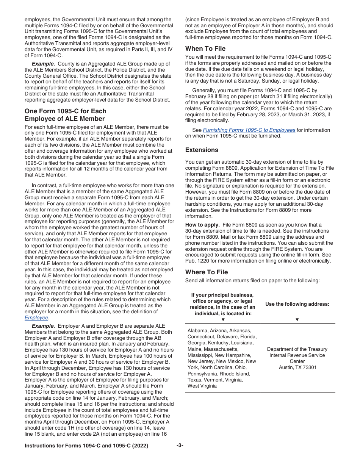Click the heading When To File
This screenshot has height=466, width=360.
tap(205, 48)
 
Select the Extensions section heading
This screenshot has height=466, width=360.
tap(202, 150)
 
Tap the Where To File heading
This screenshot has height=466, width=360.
tap(207, 272)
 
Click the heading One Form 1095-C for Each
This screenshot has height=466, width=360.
tap(65, 111)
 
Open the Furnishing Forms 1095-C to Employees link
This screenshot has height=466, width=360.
tap(249, 130)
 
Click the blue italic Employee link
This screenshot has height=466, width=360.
tap(36, 317)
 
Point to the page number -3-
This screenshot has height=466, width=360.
tap(180, 446)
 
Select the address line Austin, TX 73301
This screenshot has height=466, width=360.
tap(297, 367)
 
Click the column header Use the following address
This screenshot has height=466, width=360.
tap(297, 304)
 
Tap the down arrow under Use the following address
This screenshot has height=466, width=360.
tap(297, 319)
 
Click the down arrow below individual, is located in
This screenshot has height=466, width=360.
tap(223, 319)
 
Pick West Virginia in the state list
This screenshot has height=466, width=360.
tap(202, 386)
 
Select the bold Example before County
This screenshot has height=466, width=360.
tap(43, 64)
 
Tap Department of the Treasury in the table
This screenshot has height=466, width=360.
tap(297, 349)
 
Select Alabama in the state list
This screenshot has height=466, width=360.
tap(198, 330)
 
